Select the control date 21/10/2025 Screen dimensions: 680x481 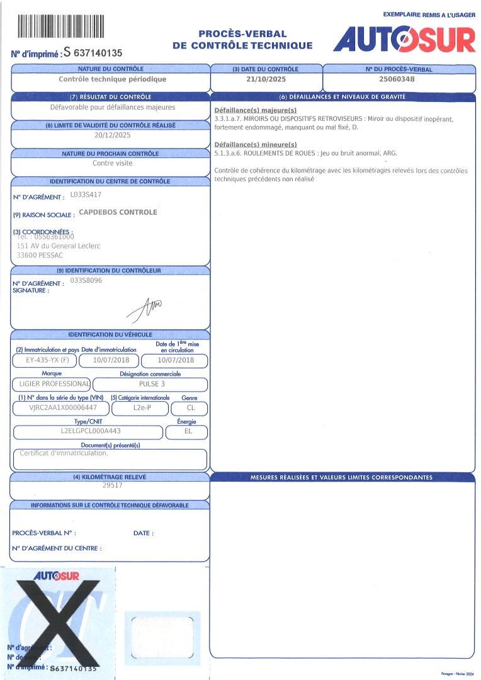(265, 80)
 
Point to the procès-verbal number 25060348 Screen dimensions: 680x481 (397, 80)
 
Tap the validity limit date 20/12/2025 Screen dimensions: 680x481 (113, 135)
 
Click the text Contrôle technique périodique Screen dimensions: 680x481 (112, 79)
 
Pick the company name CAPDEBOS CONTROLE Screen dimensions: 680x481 (118, 212)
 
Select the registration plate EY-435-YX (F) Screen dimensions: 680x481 (44, 361)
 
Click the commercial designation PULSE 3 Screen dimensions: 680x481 (152, 383)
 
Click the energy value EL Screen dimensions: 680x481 (188, 431)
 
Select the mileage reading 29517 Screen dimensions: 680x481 (112, 486)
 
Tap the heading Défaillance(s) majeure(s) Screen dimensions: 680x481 (247, 110)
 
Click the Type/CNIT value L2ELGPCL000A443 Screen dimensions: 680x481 (87, 431)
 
